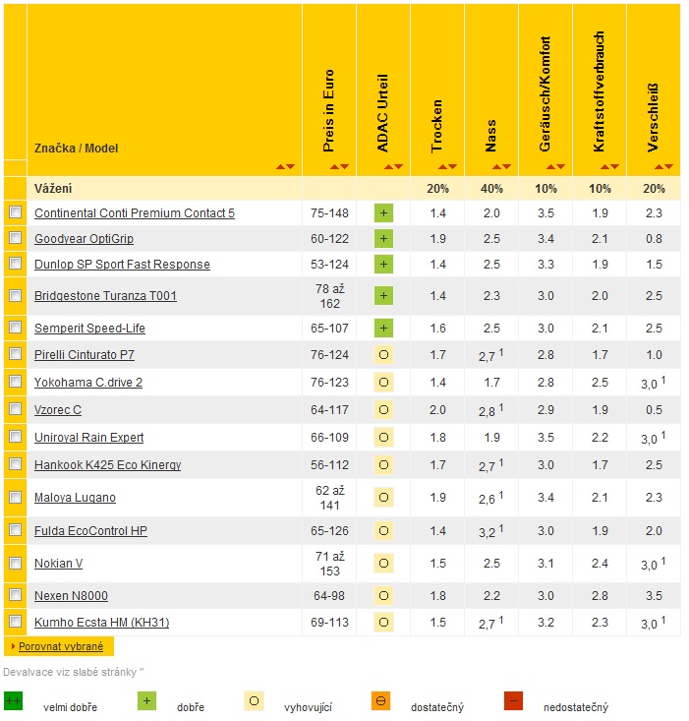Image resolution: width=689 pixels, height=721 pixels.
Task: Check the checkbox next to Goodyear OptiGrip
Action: click(x=15, y=238)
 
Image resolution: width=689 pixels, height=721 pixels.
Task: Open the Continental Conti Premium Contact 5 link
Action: click(x=134, y=213)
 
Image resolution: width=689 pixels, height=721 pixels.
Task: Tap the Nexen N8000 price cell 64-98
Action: click(x=329, y=596)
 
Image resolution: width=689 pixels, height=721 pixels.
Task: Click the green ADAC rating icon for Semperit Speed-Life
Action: click(x=383, y=328)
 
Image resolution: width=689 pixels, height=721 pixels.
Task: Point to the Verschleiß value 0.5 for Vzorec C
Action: click(x=653, y=409)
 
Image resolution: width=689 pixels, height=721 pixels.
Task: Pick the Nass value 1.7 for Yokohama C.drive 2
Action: click(x=490, y=382)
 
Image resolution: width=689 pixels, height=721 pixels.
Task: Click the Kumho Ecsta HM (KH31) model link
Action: click(x=101, y=622)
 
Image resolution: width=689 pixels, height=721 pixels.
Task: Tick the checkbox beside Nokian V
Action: click(x=15, y=563)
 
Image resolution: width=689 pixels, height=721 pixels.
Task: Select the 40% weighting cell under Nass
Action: click(x=490, y=188)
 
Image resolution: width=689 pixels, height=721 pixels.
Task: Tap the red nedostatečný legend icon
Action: click(x=513, y=701)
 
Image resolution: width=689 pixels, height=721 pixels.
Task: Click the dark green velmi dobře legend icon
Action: click(x=14, y=701)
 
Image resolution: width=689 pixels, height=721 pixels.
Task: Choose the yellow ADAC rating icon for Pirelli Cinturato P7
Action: click(x=383, y=354)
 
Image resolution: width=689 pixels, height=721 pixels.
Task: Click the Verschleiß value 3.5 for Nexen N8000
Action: click(x=653, y=596)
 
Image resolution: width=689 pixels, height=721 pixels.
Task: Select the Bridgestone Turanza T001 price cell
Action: click(x=329, y=295)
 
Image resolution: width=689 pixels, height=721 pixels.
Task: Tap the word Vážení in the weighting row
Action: click(x=53, y=188)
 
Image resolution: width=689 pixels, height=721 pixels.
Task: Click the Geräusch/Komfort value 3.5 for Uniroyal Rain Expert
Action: click(x=545, y=437)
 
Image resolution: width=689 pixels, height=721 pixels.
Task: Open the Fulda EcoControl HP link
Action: click(x=90, y=531)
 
